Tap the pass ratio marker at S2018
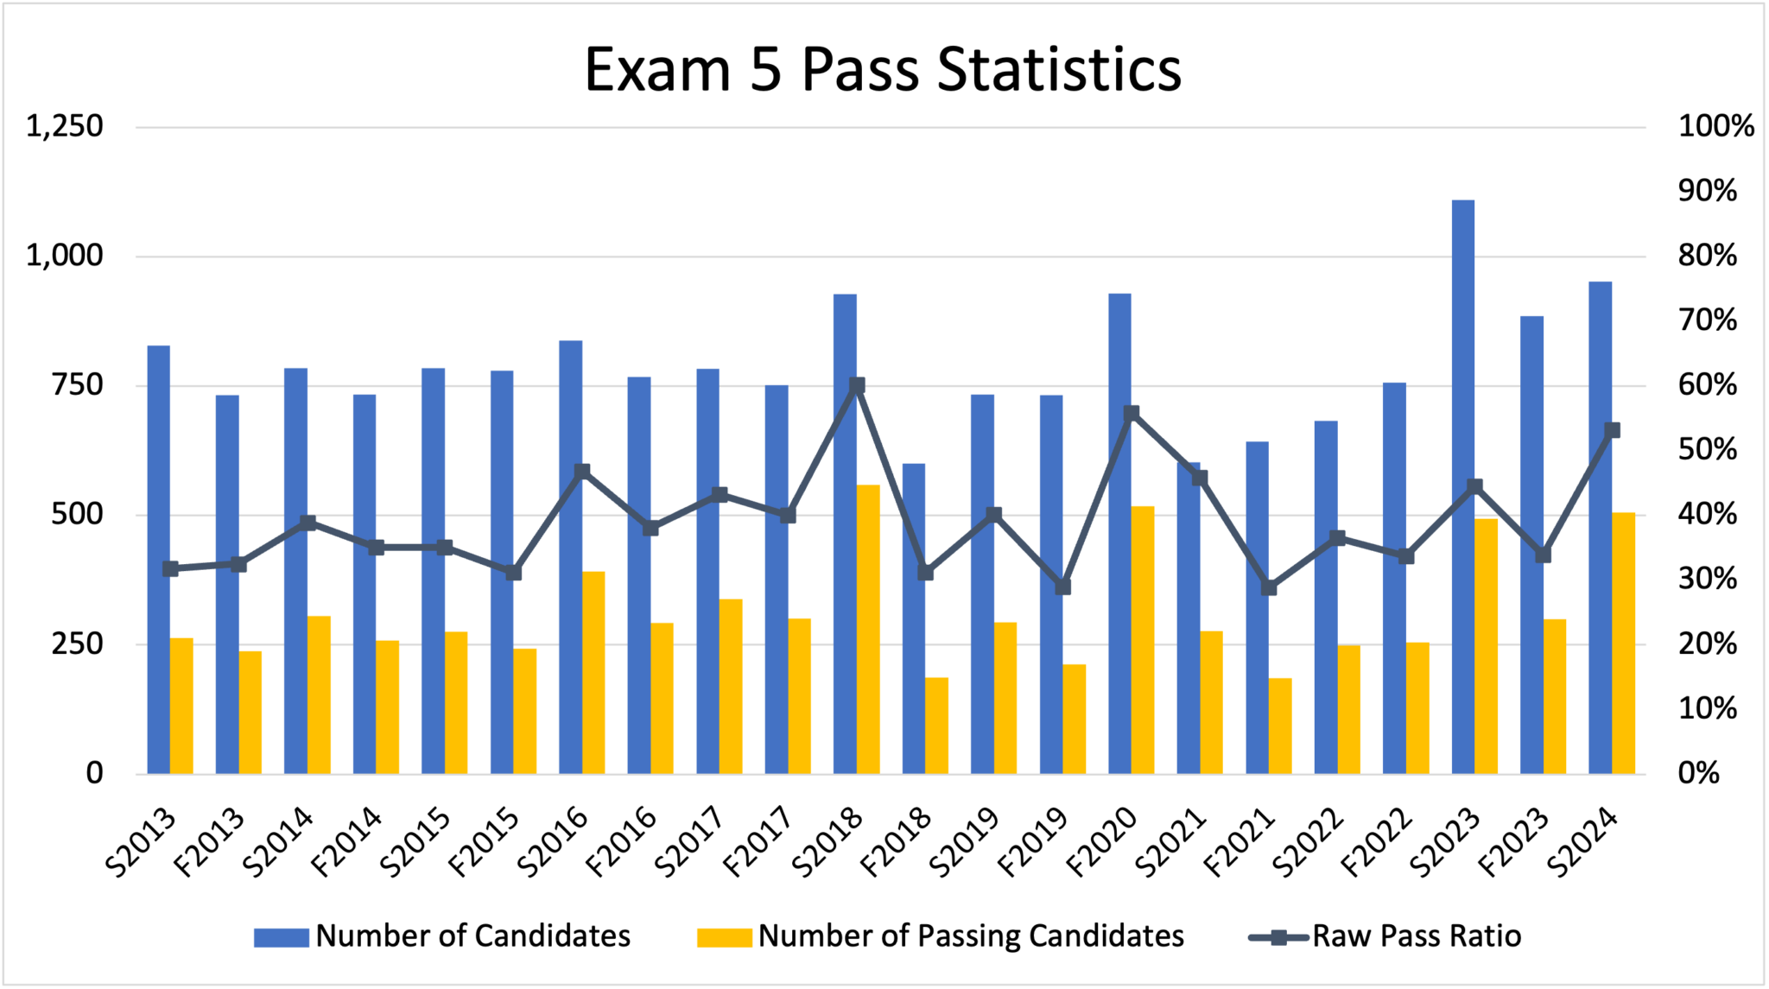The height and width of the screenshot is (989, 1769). [857, 385]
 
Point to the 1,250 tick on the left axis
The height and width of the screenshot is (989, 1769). [65, 127]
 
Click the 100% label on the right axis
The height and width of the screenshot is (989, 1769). [1715, 127]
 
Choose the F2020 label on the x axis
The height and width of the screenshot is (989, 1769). [1102, 841]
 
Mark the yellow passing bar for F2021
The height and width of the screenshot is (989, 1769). [1280, 726]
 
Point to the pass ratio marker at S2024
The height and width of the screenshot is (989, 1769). [1612, 430]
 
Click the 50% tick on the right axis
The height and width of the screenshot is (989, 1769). [1707, 450]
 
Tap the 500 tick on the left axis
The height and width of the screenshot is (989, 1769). [77, 515]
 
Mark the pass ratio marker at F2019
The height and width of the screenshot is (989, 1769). [1062, 587]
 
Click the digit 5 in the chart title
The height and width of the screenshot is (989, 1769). [765, 69]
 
